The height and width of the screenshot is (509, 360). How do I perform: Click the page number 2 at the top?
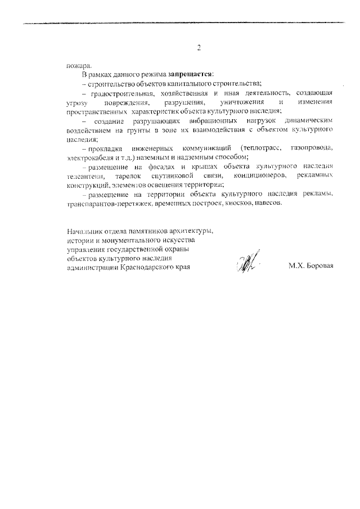199,48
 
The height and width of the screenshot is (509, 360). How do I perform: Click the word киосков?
231,203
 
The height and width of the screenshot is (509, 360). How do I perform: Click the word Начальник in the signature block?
84,231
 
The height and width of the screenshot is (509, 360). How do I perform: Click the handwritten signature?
246,263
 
